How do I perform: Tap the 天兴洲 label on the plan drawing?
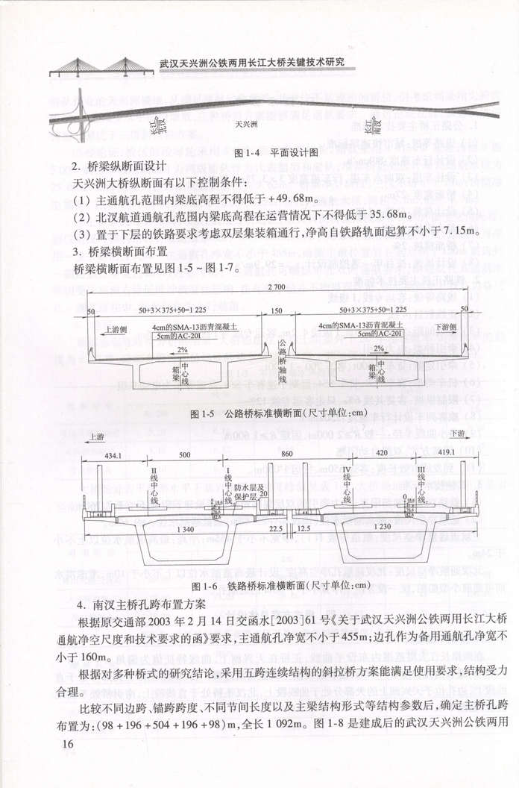[x=247, y=125]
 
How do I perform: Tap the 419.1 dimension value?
[x=443, y=454]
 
